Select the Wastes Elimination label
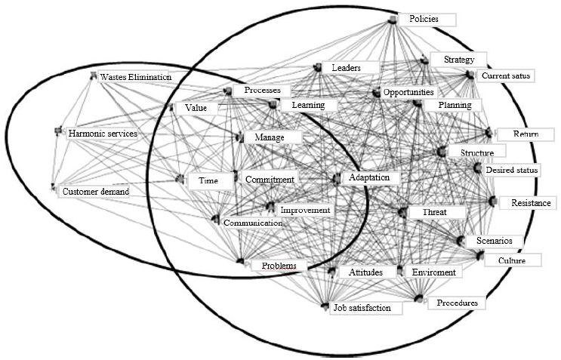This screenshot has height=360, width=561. coord(137,77)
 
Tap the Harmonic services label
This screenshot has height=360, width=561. coord(103,134)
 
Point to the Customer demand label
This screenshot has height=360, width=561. coord(96,192)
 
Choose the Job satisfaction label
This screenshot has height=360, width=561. coord(362,308)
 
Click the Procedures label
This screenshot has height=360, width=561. coord(457,303)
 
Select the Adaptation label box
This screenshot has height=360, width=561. coord(370,177)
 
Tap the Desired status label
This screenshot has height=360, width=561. coord(512,171)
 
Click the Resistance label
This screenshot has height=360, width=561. coord(520,204)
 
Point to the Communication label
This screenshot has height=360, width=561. coord(252,223)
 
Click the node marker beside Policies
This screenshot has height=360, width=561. coord(392,19)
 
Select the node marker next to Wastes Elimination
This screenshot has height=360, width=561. coord(94,75)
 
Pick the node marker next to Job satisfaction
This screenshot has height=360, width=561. coord(325,306)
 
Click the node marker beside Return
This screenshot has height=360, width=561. coord(489,134)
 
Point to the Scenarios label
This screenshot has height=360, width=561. coord(494,241)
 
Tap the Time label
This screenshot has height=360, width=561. coord(208,181)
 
